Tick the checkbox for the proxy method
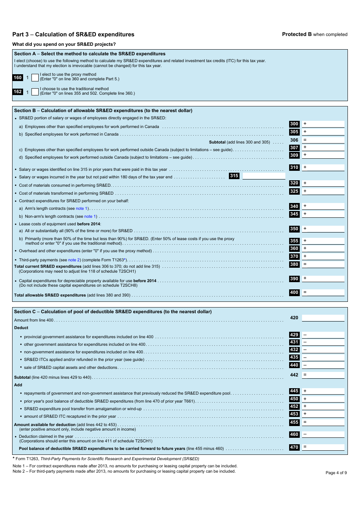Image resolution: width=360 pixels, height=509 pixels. (x=35, y=77)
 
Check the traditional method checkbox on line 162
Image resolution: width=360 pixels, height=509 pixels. (x=35, y=92)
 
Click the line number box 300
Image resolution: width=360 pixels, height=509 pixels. (x=294, y=124)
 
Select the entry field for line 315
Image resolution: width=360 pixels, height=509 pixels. (x=264, y=176)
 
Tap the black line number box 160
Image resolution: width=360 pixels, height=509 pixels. (x=18, y=78)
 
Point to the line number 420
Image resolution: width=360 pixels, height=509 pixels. (x=294, y=318)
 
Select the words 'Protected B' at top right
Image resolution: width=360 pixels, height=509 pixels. (x=297, y=34)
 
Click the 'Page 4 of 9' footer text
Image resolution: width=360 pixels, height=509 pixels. (x=336, y=473)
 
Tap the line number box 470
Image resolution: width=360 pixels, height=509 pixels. (x=294, y=447)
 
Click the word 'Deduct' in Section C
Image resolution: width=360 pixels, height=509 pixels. (x=21, y=328)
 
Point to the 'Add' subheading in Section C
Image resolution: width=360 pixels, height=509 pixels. (x=18, y=385)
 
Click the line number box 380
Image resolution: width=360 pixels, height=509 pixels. (x=294, y=264)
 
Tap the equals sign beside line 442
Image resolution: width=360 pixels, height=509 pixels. (x=305, y=375)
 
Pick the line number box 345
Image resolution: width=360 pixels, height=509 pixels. (x=294, y=214)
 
